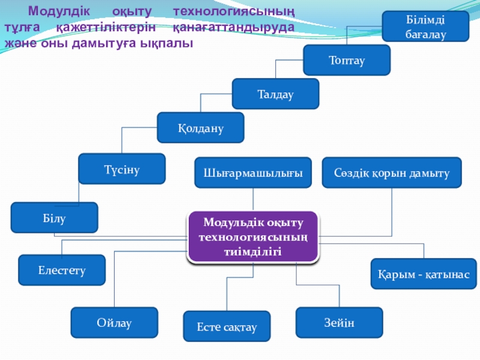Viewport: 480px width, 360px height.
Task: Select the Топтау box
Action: coord(347,60)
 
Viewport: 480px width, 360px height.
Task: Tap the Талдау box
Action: coord(275,94)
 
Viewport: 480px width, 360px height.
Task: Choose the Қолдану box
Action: coord(200,128)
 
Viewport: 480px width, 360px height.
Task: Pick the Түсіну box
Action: coord(122,169)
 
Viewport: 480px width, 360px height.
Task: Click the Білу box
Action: coord(54,218)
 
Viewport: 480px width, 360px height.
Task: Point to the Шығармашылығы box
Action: coord(253,173)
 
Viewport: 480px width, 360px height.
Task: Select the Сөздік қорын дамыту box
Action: coord(392,173)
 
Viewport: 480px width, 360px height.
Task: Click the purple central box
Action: coord(253,236)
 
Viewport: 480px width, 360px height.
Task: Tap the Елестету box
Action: coord(62,270)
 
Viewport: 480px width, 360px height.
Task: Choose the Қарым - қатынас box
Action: coord(424,274)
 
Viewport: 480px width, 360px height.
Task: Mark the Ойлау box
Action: coord(114,323)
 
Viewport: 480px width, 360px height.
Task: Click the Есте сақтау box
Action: coord(227,327)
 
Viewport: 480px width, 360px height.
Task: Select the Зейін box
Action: coord(339,323)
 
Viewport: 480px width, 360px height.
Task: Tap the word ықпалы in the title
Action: coord(167,44)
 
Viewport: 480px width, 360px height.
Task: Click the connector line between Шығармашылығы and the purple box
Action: coord(253,199)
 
